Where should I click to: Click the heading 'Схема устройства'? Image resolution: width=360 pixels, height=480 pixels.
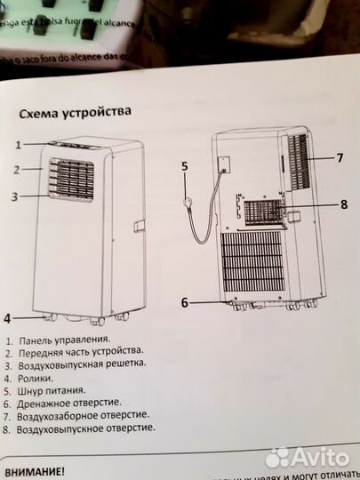click(x=75, y=114)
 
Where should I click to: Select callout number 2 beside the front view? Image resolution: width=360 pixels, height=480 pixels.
click(x=16, y=169)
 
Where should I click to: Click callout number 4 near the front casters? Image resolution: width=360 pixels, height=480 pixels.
click(x=7, y=317)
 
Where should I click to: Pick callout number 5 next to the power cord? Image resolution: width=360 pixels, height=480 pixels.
click(x=185, y=165)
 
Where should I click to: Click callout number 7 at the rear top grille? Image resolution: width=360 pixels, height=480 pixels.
click(x=339, y=158)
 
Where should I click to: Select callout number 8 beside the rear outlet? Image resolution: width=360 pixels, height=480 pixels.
click(x=343, y=204)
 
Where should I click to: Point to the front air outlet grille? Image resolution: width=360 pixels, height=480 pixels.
click(x=71, y=182)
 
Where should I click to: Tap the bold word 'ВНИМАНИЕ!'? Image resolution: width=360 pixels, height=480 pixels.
click(x=34, y=471)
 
